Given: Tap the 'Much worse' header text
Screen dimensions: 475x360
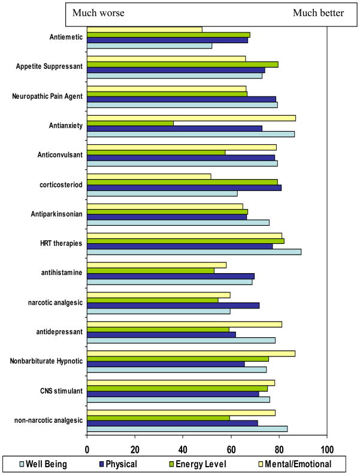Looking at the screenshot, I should [x=99, y=13].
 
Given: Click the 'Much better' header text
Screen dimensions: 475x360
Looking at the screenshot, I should [x=318, y=13].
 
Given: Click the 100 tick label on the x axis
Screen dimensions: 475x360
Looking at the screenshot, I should [x=326, y=449].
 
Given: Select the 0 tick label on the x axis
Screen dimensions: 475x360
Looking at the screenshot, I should [x=87, y=449].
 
